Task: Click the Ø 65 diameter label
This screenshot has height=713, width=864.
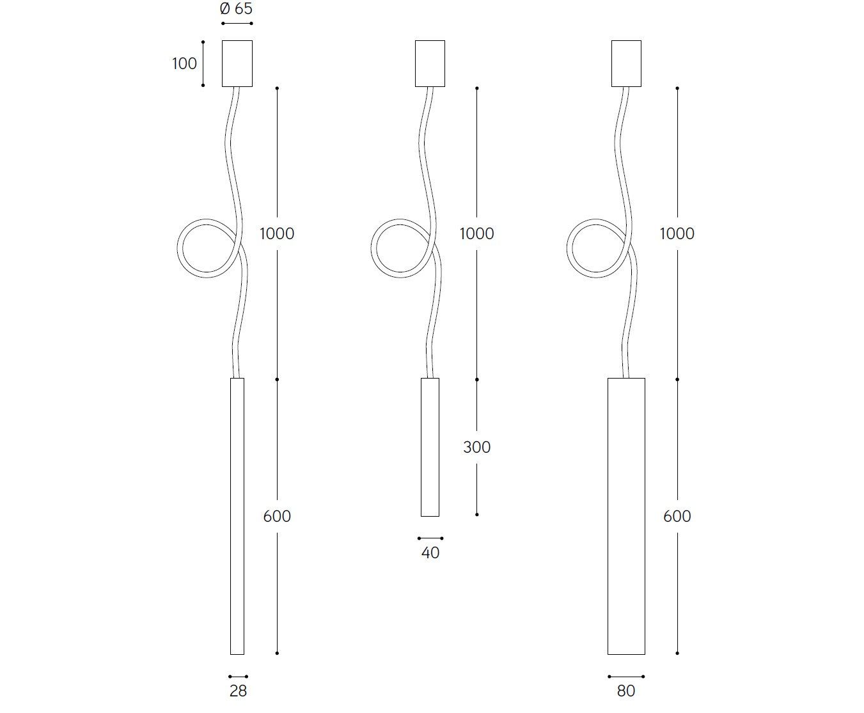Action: point(236,9)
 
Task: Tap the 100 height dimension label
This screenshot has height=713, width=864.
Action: point(185,64)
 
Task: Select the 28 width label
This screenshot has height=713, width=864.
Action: point(238,691)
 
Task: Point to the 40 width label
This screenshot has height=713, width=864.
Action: point(430,552)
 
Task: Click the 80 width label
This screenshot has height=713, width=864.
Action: point(626,691)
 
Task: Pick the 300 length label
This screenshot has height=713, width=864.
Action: point(476,447)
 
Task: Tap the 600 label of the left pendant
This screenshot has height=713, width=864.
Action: point(277,516)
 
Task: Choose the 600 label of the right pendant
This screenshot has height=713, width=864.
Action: point(677,516)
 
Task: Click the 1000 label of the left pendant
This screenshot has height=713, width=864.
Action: point(277,233)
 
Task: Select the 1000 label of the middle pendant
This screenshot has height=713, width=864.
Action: point(476,233)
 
